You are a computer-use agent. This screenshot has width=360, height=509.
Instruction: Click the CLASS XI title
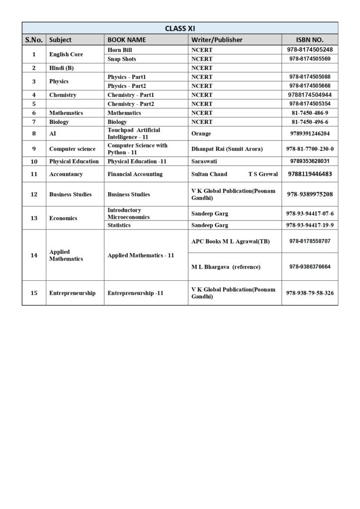click(180, 28)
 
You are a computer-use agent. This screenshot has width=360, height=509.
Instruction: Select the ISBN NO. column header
click(309, 40)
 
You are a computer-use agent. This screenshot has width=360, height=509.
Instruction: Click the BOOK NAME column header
click(126, 40)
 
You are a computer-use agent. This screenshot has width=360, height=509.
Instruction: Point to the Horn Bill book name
click(120, 50)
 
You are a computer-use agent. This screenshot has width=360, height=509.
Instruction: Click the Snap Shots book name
click(122, 59)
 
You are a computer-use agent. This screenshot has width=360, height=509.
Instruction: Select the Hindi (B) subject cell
click(62, 68)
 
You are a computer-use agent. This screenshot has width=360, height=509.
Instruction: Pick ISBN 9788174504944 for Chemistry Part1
click(309, 95)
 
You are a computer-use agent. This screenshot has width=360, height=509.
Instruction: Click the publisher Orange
click(201, 134)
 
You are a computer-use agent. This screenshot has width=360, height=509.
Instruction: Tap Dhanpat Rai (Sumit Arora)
click(227, 149)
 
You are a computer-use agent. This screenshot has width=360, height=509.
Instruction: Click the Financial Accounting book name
click(135, 174)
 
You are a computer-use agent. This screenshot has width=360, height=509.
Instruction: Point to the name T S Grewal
click(263, 174)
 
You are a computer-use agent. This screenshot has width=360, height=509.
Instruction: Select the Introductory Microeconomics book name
click(132, 214)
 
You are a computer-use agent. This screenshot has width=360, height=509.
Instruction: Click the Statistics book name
click(119, 225)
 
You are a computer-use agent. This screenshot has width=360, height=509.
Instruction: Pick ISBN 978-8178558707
click(309, 241)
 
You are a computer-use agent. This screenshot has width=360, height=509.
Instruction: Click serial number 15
click(34, 293)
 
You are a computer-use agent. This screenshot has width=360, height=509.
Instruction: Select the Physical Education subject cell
click(74, 162)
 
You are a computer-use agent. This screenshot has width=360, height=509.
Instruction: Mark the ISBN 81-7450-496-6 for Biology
click(309, 122)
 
